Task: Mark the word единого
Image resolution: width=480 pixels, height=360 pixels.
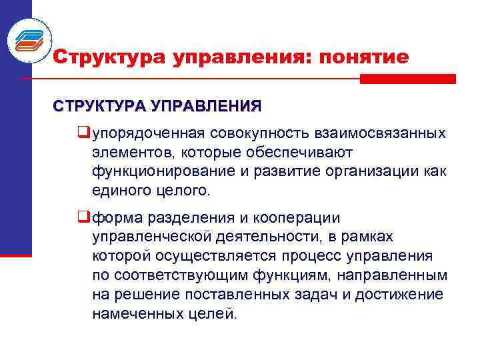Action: [x=122, y=191]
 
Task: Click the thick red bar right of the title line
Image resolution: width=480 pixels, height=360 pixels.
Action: [x=407, y=79]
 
